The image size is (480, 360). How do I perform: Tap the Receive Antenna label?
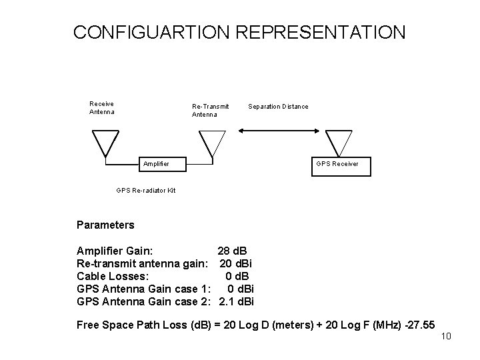pyautogui.click(x=102, y=107)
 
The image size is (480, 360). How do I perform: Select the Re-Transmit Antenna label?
pyautogui.click(x=210, y=110)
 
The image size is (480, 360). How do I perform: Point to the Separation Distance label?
pyautogui.click(x=278, y=107)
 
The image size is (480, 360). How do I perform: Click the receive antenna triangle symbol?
pyautogui.click(x=105, y=142)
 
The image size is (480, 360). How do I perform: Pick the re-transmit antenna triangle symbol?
pyautogui.click(x=212, y=142)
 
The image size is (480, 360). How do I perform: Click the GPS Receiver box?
pyautogui.click(x=337, y=164)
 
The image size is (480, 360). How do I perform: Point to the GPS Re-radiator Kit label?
pyautogui.click(x=145, y=190)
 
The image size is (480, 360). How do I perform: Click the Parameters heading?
pyautogui.click(x=105, y=225)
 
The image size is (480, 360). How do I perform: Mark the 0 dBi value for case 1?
pyautogui.click(x=240, y=289)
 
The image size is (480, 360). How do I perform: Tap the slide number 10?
pyautogui.click(x=446, y=336)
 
